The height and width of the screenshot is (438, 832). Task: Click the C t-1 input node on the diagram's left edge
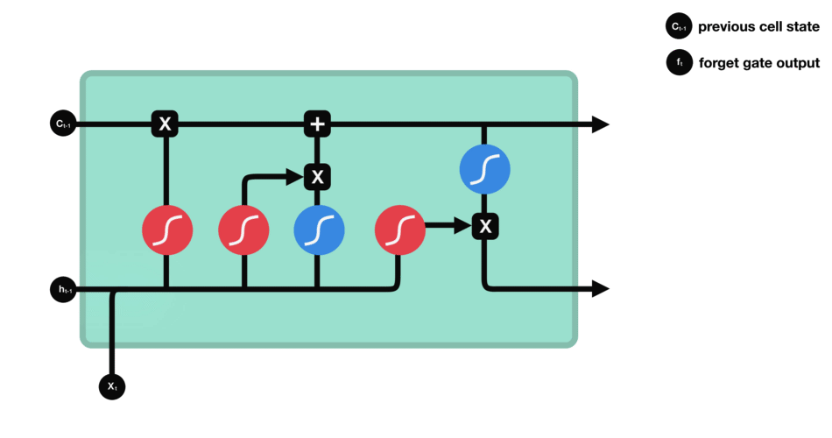[x=63, y=124]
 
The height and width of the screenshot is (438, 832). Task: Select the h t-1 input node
[x=63, y=289]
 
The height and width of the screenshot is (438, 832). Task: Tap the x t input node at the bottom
[x=112, y=385]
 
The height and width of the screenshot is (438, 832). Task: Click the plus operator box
[x=317, y=124]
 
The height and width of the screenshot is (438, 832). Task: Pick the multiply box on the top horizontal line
[x=165, y=124]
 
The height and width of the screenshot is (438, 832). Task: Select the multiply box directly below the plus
[x=317, y=177]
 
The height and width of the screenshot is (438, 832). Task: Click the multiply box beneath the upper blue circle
[x=485, y=227]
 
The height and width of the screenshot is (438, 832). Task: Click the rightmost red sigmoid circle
[x=400, y=230]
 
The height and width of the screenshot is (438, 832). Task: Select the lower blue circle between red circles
[x=319, y=230]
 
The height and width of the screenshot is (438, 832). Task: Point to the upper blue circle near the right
[x=485, y=169]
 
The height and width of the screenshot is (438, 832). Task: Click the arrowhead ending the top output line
[x=600, y=124]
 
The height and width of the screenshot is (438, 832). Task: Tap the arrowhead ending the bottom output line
[x=600, y=288]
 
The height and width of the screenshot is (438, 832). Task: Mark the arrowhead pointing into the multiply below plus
[x=296, y=177]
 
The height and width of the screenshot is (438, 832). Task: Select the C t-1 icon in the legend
[x=679, y=27]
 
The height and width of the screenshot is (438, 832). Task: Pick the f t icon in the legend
[x=679, y=63]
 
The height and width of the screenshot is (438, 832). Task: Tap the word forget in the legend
[x=719, y=63]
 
